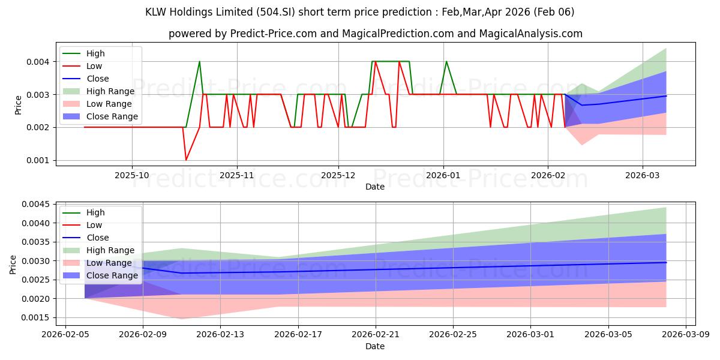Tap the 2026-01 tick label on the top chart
point(443,175)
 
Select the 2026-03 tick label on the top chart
point(643,175)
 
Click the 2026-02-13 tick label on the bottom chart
point(220,334)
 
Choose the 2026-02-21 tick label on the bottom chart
point(376,334)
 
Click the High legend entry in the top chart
point(95,53)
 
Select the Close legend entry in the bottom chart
point(98,238)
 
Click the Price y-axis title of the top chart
point(17,104)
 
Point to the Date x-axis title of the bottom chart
point(375,346)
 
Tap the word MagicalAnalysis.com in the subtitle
point(530,34)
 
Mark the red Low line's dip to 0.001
point(186,160)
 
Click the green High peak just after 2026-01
point(446,62)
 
